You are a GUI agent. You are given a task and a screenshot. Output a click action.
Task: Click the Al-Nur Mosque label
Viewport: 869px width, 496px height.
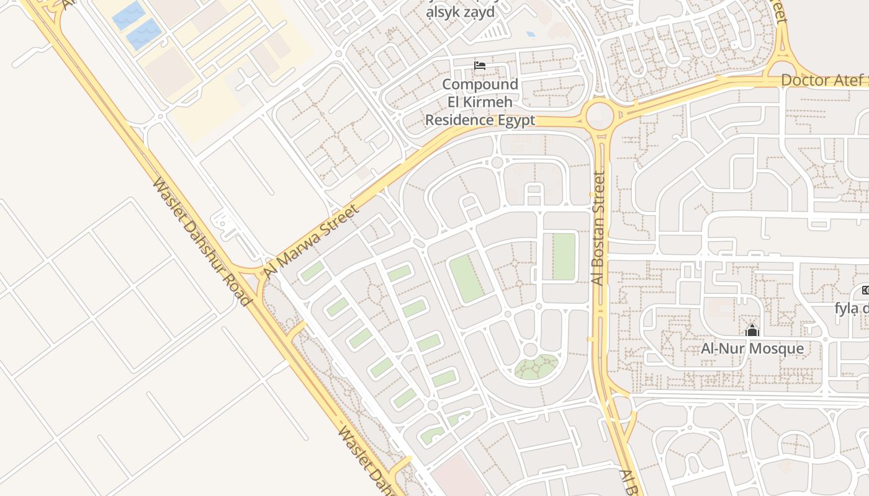(x=752, y=348)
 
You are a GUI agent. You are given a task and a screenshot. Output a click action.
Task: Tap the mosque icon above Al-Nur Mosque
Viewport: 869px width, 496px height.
(x=752, y=331)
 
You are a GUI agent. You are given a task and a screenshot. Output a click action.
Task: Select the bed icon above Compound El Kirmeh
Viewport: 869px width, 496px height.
(x=479, y=66)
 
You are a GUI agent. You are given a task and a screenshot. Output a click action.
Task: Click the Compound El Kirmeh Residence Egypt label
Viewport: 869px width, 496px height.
(x=480, y=102)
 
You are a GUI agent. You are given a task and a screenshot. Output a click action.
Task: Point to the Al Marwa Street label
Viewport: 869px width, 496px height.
(x=312, y=241)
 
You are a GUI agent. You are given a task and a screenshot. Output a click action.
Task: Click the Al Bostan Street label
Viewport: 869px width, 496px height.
(x=598, y=229)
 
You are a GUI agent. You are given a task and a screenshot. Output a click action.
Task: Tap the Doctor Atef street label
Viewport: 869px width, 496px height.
(x=822, y=80)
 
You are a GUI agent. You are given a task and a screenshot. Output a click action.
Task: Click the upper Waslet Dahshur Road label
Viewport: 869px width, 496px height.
(x=202, y=242)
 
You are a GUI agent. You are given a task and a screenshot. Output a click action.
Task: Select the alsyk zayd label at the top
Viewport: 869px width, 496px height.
(x=460, y=11)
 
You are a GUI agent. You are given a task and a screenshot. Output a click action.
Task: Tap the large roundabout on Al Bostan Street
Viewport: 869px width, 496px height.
(x=600, y=115)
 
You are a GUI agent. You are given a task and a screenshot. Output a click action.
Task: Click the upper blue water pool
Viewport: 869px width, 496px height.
(x=129, y=15)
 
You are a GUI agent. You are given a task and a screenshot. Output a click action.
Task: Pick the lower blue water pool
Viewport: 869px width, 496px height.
(x=144, y=34)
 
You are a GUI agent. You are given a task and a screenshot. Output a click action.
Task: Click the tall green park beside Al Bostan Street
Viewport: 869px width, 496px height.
(x=564, y=257)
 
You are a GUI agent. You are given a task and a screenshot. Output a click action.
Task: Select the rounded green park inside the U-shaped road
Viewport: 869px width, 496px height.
(x=536, y=367)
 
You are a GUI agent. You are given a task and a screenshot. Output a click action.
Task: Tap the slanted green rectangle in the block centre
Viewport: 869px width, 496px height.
(x=467, y=279)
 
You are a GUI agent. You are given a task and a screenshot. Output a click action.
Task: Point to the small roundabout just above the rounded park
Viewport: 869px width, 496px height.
(x=530, y=350)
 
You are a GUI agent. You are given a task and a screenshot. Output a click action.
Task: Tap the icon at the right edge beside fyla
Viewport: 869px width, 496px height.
(x=865, y=290)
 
